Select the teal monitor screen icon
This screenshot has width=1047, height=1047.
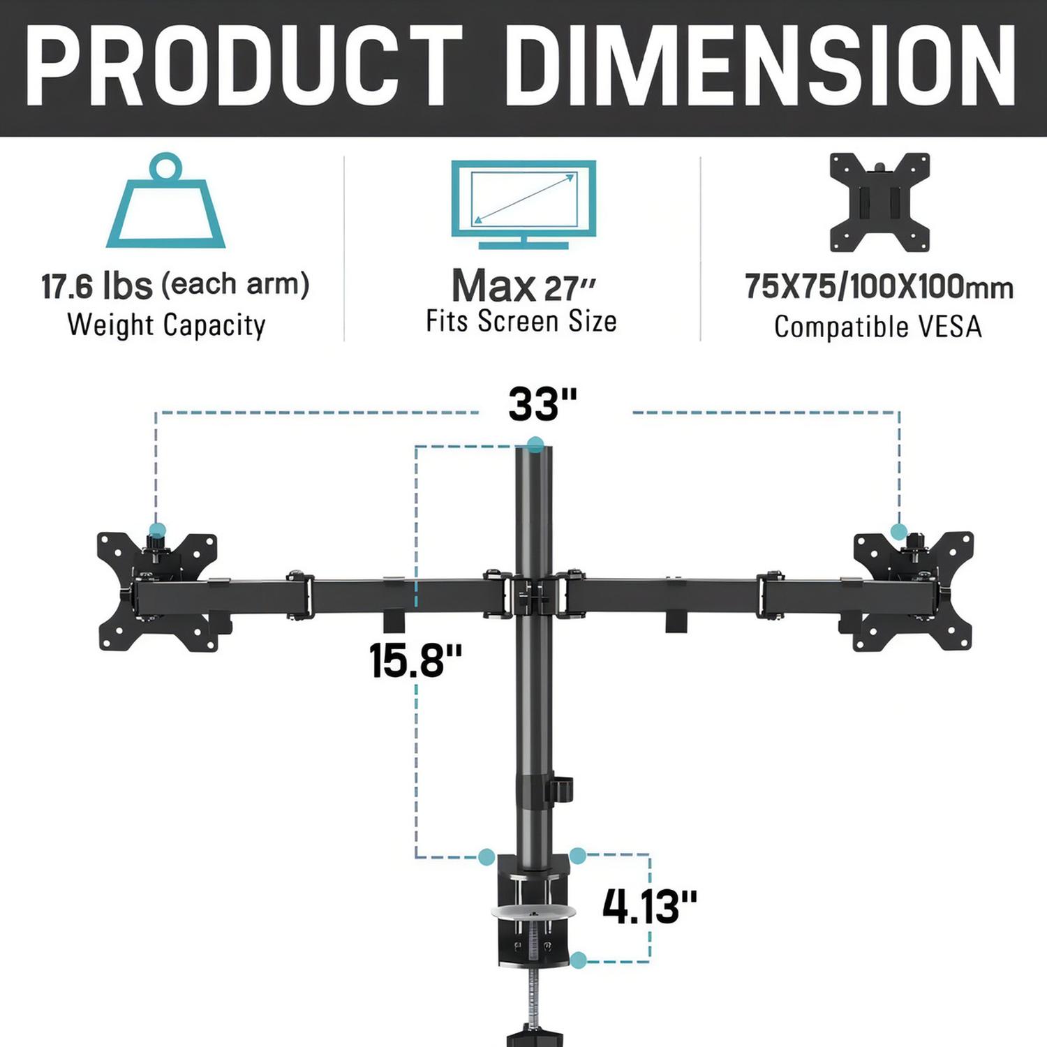523,205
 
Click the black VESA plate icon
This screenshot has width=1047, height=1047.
879,202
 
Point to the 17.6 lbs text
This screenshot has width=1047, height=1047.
96,285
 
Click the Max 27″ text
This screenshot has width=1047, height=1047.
523,286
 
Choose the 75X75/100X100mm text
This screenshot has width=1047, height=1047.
879,287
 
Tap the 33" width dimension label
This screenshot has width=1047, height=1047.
542,404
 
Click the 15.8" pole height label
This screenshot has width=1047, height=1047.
415,660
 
